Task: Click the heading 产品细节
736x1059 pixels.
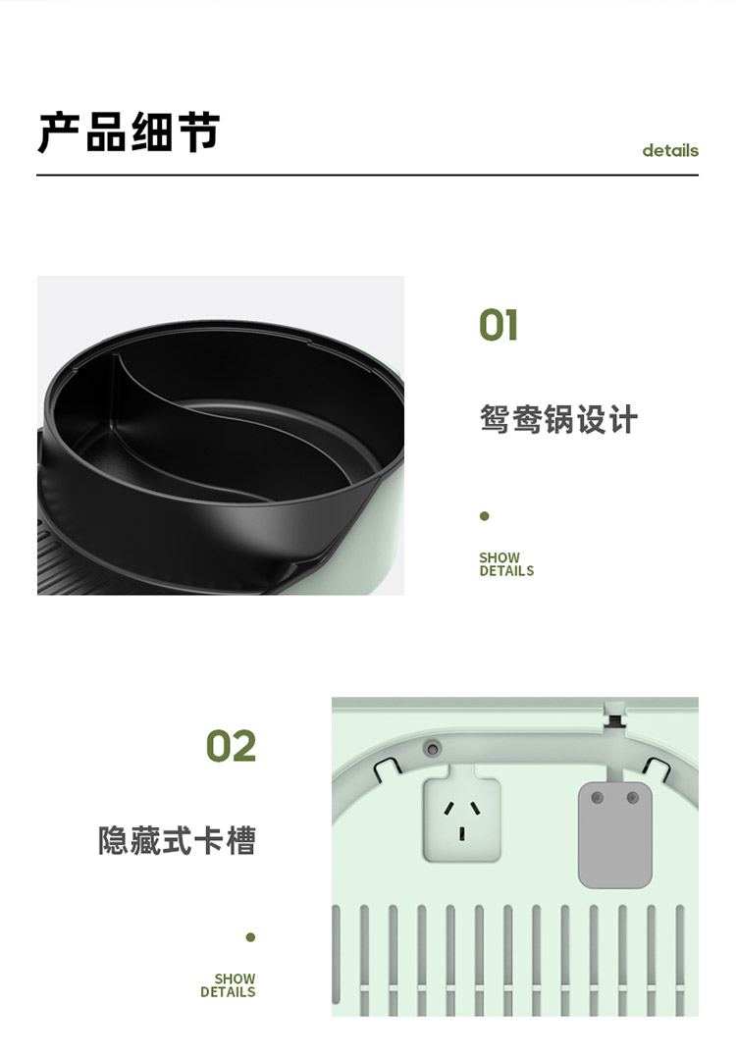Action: (x=129, y=131)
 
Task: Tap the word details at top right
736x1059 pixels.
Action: (x=670, y=150)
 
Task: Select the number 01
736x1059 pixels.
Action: (x=499, y=325)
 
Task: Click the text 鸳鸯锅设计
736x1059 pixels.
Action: (x=558, y=419)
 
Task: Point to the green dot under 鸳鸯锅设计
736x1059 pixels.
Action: (x=484, y=516)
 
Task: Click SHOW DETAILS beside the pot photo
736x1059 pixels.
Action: (x=506, y=564)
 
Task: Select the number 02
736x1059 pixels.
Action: (x=231, y=746)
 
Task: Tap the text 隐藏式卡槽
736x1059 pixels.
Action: (x=177, y=841)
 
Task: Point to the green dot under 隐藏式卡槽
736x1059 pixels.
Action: (x=250, y=936)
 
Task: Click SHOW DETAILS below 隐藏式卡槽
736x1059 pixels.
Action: (x=229, y=984)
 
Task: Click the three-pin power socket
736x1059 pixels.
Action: (x=462, y=820)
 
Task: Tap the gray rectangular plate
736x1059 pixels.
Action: (x=614, y=835)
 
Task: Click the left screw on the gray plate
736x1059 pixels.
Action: (x=597, y=798)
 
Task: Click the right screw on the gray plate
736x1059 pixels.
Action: (x=633, y=798)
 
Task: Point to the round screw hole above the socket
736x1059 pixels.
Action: (x=432, y=748)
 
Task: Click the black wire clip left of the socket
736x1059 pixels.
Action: (x=387, y=768)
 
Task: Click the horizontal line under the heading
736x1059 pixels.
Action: (x=367, y=175)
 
